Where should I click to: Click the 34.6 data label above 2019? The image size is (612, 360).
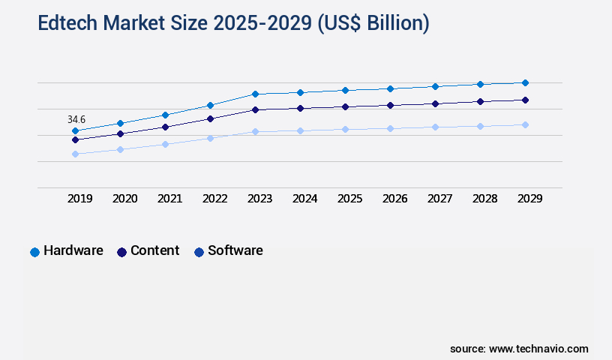coord(76,119)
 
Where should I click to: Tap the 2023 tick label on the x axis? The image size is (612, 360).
coord(259,199)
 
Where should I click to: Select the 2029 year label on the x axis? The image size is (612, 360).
coord(529,199)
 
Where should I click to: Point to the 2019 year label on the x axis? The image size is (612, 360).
coord(79,199)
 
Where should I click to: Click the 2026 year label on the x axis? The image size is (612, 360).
coord(394,199)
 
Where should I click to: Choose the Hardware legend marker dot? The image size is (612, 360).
coord(34,252)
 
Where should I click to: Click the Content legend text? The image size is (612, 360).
coord(154,250)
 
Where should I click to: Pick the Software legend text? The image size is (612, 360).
coord(235,250)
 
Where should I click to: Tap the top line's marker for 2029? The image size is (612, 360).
coord(525,82)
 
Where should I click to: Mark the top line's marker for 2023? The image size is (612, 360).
coord(255,94)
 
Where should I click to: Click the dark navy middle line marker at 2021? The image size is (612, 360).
coord(165,127)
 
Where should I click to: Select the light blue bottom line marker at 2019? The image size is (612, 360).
coord(75,154)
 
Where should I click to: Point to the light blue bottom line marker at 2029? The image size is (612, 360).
coord(525,124)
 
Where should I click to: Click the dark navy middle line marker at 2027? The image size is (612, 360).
coord(435,103)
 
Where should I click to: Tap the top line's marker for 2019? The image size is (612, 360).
coord(75,130)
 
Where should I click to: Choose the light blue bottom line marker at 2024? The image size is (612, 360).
coord(300,130)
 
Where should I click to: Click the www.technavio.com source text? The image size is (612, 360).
coord(538,349)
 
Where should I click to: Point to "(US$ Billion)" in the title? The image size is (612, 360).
coord(373,23)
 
